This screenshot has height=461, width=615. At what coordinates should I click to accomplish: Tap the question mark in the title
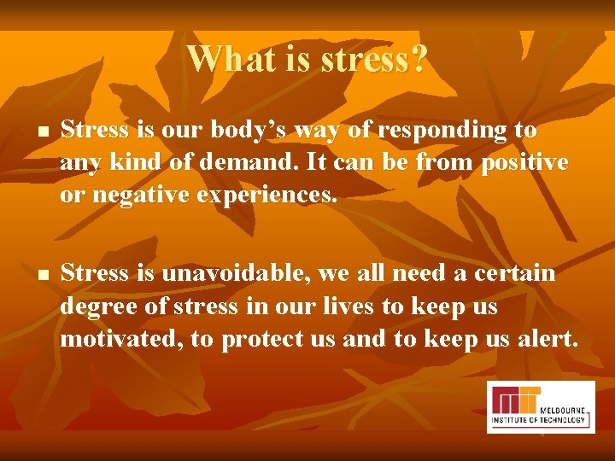(x=418, y=59)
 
